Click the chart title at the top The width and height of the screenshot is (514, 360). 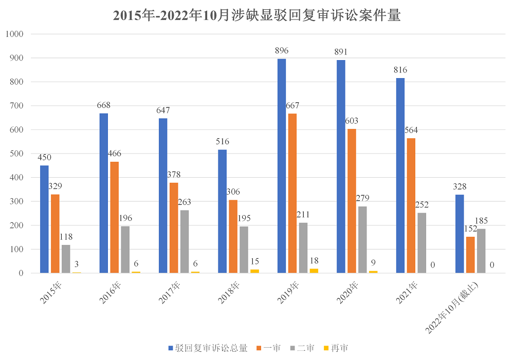click(x=256, y=15)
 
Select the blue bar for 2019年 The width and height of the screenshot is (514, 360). click(x=282, y=166)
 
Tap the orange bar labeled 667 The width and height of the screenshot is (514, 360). click(x=292, y=193)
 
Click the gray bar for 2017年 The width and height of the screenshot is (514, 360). click(x=185, y=241)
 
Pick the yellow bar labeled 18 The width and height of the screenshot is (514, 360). click(x=314, y=271)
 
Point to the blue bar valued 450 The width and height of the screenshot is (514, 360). click(x=44, y=219)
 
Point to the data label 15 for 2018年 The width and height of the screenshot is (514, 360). click(x=254, y=261)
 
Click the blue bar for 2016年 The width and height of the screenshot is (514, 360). click(x=104, y=193)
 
